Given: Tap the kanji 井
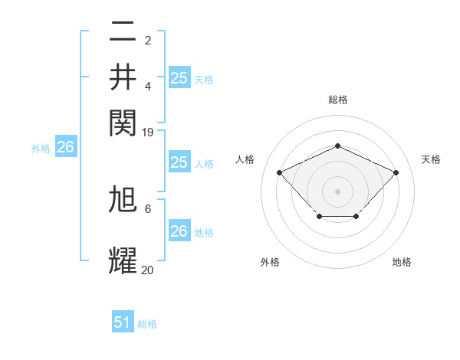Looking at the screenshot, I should pyautogui.click(x=123, y=77).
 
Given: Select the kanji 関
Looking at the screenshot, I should pyautogui.click(x=123, y=122).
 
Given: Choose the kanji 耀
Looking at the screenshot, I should pyautogui.click(x=123, y=260).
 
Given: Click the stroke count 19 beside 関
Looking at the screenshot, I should pyautogui.click(x=148, y=133).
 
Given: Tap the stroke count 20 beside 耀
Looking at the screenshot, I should pyautogui.click(x=148, y=270).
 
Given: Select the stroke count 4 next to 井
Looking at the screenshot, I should pyautogui.click(x=148, y=87).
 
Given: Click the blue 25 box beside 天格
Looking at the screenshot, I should pyautogui.click(x=179, y=77).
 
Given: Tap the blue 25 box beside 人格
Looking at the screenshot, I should pyautogui.click(x=179, y=162).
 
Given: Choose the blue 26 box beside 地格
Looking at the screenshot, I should pyautogui.click(x=179, y=231).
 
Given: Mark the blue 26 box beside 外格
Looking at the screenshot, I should pyautogui.click(x=65, y=148).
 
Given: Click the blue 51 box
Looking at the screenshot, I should pyautogui.click(x=123, y=322).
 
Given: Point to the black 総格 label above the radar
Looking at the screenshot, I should pyautogui.click(x=337, y=100).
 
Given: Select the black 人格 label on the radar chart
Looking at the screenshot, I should pyautogui.click(x=245, y=159).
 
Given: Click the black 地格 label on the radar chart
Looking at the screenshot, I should pyautogui.click(x=402, y=262).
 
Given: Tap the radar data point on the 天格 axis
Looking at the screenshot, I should pyautogui.click(x=396, y=172).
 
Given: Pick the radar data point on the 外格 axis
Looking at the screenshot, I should pyautogui.click(x=319, y=218).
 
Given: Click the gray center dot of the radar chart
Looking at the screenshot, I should pyautogui.click(x=337, y=191).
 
